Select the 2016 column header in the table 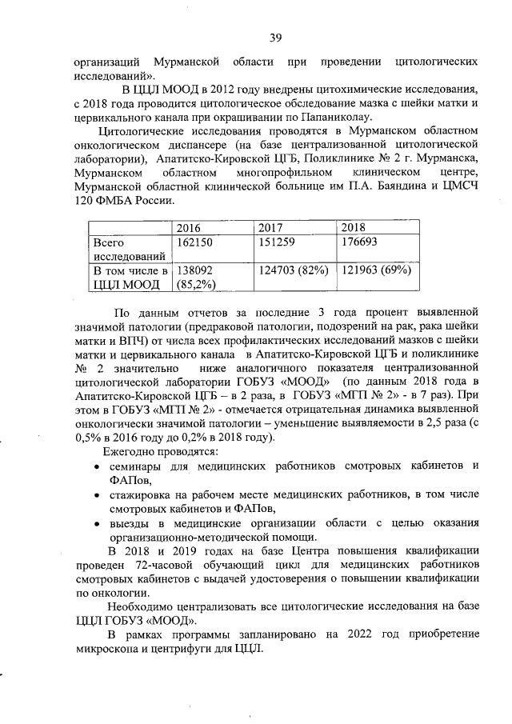(190, 227)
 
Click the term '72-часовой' (138, 565)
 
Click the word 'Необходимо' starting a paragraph (143, 606)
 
